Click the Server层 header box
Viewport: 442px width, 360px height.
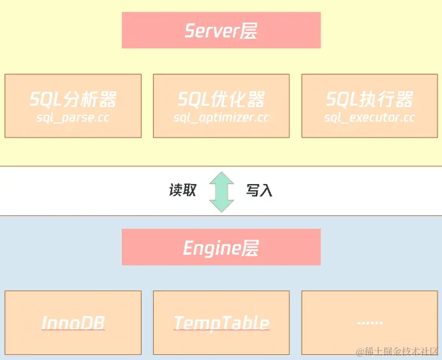tap(221, 31)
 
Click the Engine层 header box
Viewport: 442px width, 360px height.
tap(221, 247)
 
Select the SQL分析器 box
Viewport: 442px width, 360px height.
tap(73, 106)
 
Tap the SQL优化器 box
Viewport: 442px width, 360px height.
tap(221, 106)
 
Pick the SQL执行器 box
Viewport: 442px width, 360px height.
tap(369, 106)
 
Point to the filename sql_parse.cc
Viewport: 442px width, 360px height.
tap(73, 118)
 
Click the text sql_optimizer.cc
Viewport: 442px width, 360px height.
tap(221, 118)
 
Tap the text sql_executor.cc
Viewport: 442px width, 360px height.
tap(369, 118)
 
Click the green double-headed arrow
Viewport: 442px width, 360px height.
tap(221, 191)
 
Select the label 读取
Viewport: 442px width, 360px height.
tap(182, 191)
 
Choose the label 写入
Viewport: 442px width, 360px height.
tap(259, 191)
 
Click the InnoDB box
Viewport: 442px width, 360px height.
tap(73, 323)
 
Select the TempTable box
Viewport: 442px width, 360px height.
tap(221, 323)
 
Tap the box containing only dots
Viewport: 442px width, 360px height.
tap(369, 323)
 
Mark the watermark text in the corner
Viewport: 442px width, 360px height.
tap(397, 351)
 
